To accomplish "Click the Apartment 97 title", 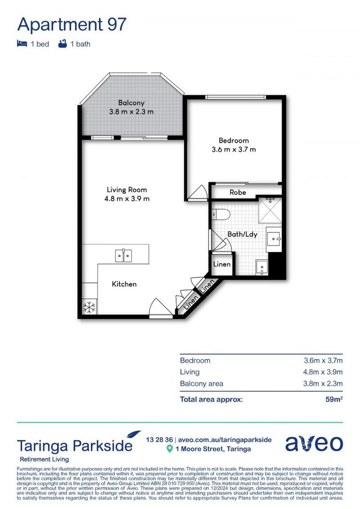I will tap(72, 24).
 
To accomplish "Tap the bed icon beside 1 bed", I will tap(22, 44).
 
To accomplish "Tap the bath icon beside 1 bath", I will tap(61, 44).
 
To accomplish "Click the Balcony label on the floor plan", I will tap(131, 103).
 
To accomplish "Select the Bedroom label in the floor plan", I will tap(233, 140).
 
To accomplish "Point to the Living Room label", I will tap(127, 189).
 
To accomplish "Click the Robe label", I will tap(237, 192).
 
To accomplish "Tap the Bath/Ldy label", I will tap(242, 234).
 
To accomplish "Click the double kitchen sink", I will tap(123, 255).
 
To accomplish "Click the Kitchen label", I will tap(124, 284).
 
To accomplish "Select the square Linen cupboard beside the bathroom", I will tap(222, 264).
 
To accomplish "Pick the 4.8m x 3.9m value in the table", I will tap(323, 372).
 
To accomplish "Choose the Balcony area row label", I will tap(201, 383).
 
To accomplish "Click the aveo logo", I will tap(314, 443).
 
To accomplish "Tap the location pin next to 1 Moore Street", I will tap(170, 449).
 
